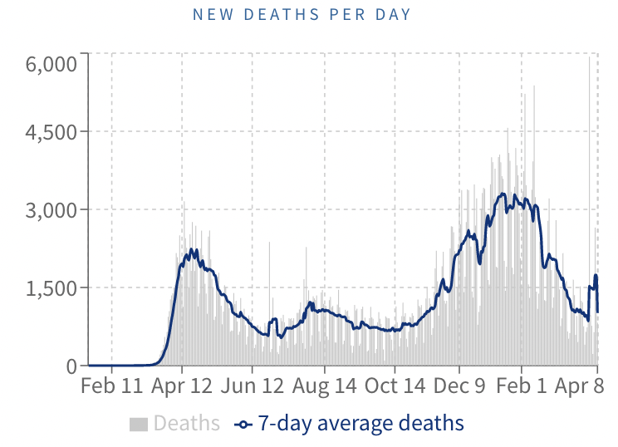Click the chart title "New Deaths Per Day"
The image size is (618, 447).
(302, 15)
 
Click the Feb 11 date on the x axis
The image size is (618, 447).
(111, 387)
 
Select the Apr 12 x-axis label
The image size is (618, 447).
(182, 387)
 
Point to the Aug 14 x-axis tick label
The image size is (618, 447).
(325, 387)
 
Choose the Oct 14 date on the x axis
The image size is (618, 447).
(395, 387)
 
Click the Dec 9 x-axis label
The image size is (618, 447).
(459, 387)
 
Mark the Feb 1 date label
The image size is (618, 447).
(522, 387)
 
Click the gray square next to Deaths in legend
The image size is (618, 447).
(138, 424)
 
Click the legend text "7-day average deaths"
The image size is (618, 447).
(360, 424)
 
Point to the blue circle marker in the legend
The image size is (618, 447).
(243, 425)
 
